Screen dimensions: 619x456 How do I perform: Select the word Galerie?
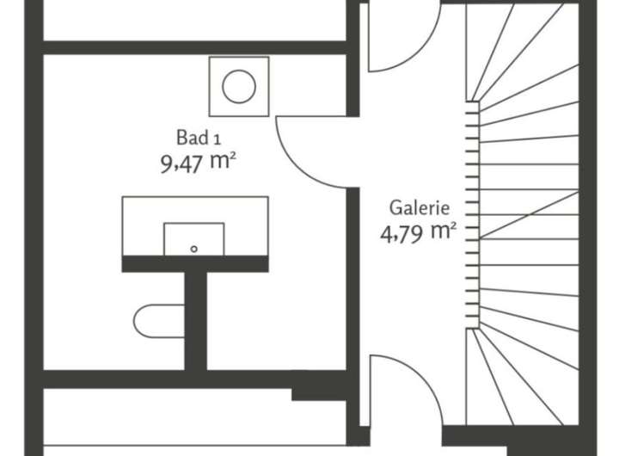[420, 207]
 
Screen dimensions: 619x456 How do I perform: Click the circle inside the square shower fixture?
[238, 86]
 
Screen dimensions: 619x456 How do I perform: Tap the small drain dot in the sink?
[194, 248]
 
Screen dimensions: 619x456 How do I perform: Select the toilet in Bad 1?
[159, 322]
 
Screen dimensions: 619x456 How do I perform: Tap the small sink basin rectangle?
[194, 238]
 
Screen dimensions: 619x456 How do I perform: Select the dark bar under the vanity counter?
[195, 264]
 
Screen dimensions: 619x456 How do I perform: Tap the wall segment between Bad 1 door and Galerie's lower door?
[352, 267]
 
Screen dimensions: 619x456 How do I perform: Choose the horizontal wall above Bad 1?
[193, 48]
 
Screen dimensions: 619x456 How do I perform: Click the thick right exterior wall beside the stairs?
[588, 215]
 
